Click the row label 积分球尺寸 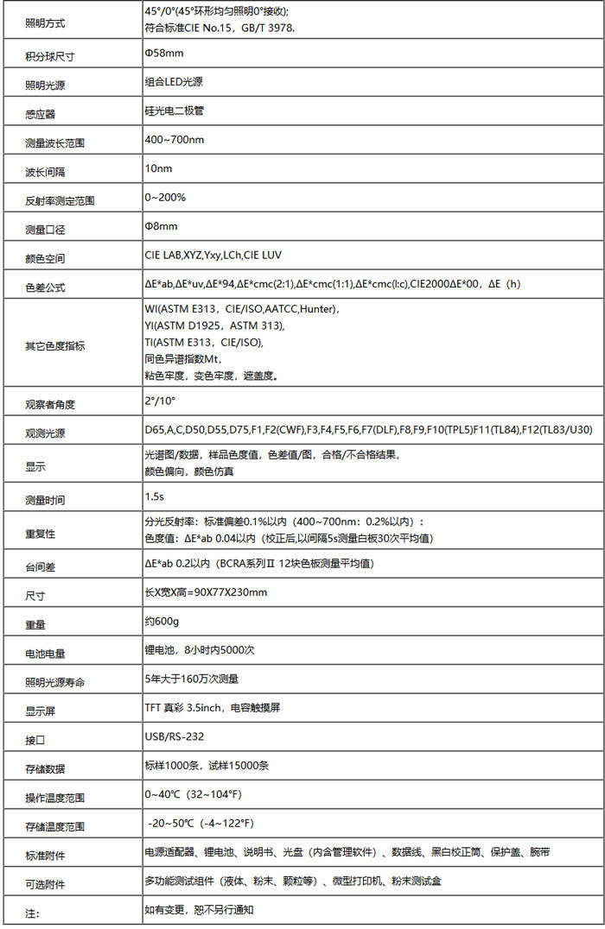coord(50,57)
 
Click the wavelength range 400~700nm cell coord(175,139)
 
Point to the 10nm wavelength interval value coord(158,167)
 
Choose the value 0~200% coord(165,197)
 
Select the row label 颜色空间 coord(45,258)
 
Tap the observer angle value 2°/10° coord(160,401)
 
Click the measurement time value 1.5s coord(155,497)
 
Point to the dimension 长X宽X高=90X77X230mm coord(206,592)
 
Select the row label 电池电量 coord(45,654)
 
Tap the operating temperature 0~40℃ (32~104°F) coord(193,793)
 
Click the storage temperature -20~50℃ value coord(201,822)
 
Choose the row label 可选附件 coord(45,884)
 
